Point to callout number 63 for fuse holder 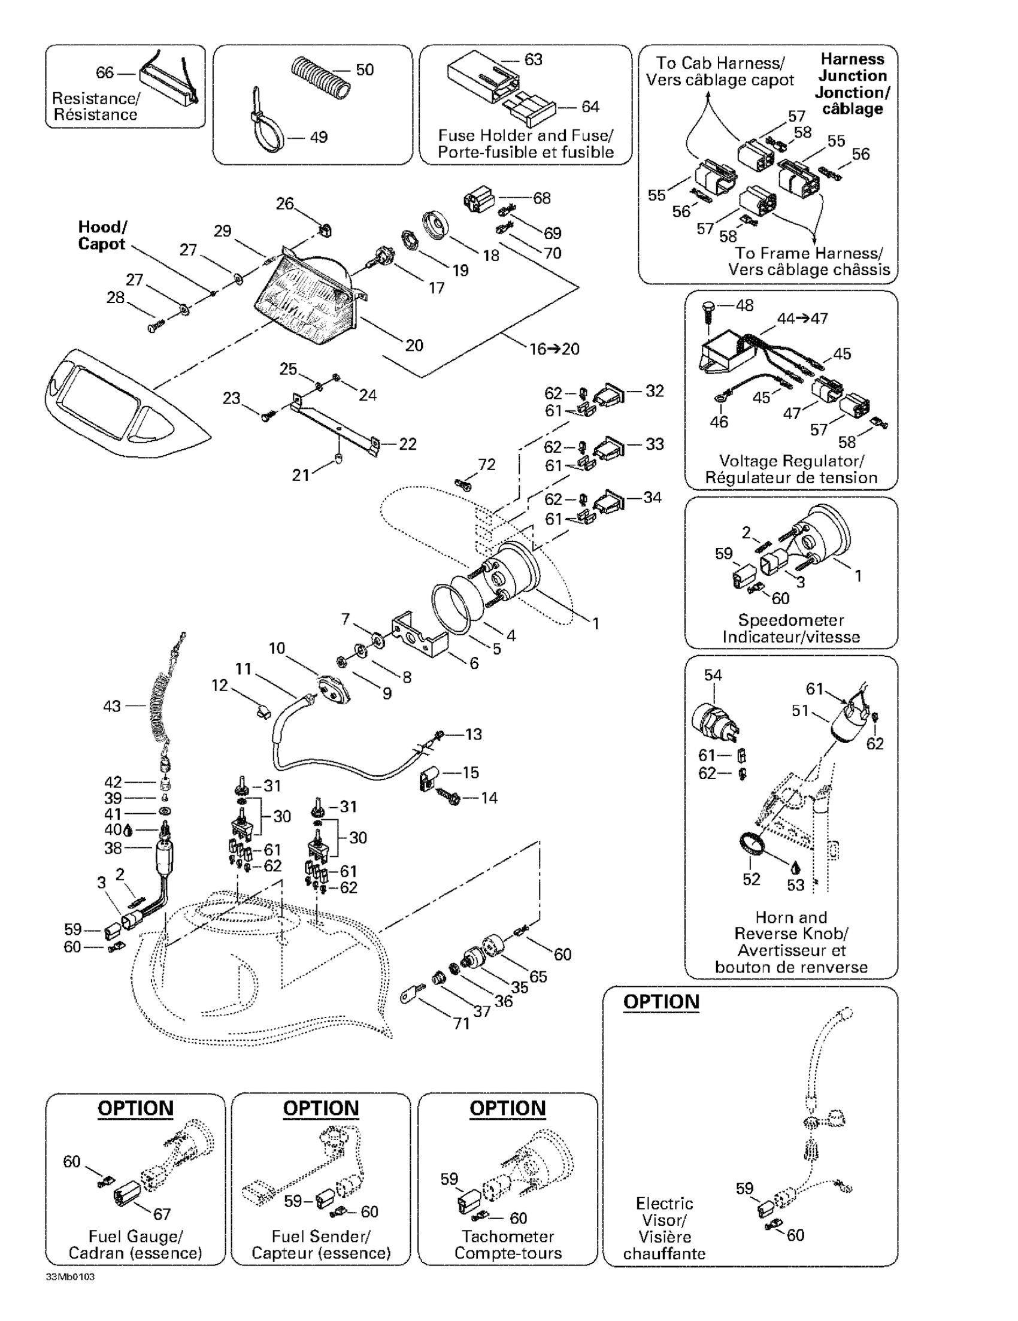tap(533, 60)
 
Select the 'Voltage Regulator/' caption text tap(791, 461)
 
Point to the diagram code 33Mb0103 tap(70, 1277)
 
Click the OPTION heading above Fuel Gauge tap(135, 1108)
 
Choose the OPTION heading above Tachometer tap(507, 1108)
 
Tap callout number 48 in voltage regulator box tap(744, 305)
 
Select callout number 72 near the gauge tap(487, 464)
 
